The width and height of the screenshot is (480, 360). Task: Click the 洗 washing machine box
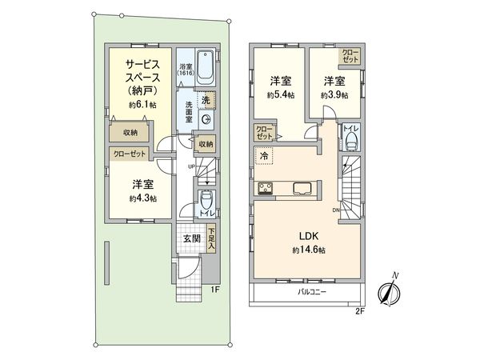(x=206, y=101)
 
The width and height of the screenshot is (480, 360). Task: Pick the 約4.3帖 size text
(x=142, y=198)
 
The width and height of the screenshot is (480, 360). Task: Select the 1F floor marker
(x=215, y=289)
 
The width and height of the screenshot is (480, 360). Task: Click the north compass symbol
(x=389, y=290)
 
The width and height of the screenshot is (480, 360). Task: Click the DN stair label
(x=336, y=211)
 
